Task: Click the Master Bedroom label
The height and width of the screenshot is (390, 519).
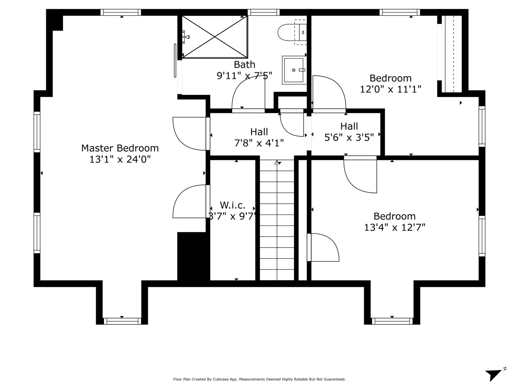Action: [x=120, y=148]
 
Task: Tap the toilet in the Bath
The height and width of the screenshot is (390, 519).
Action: [x=292, y=32]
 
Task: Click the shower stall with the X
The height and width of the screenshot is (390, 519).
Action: [x=215, y=37]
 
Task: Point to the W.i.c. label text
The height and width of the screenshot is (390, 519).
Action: [x=233, y=205]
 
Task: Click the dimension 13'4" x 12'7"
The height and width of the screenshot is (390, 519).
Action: [x=394, y=227]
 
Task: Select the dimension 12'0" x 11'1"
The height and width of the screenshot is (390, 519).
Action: [x=390, y=89]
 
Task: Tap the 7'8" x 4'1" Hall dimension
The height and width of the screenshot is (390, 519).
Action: [x=259, y=143]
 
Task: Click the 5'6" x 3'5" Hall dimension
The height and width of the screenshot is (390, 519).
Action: [x=349, y=137]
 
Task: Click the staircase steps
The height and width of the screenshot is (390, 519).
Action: [x=277, y=220]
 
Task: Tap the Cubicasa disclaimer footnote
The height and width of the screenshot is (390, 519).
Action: [x=259, y=379]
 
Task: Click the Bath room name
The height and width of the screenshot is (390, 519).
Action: [x=245, y=64]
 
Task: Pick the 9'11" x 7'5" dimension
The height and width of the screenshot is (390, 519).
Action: [x=245, y=76]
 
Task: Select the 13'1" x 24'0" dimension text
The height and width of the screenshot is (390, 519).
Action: [x=120, y=159]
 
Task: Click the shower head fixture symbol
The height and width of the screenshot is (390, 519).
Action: [x=185, y=37]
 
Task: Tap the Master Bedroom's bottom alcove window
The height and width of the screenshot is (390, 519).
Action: [x=122, y=321]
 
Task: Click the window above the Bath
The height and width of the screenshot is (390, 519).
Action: [x=263, y=12]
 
